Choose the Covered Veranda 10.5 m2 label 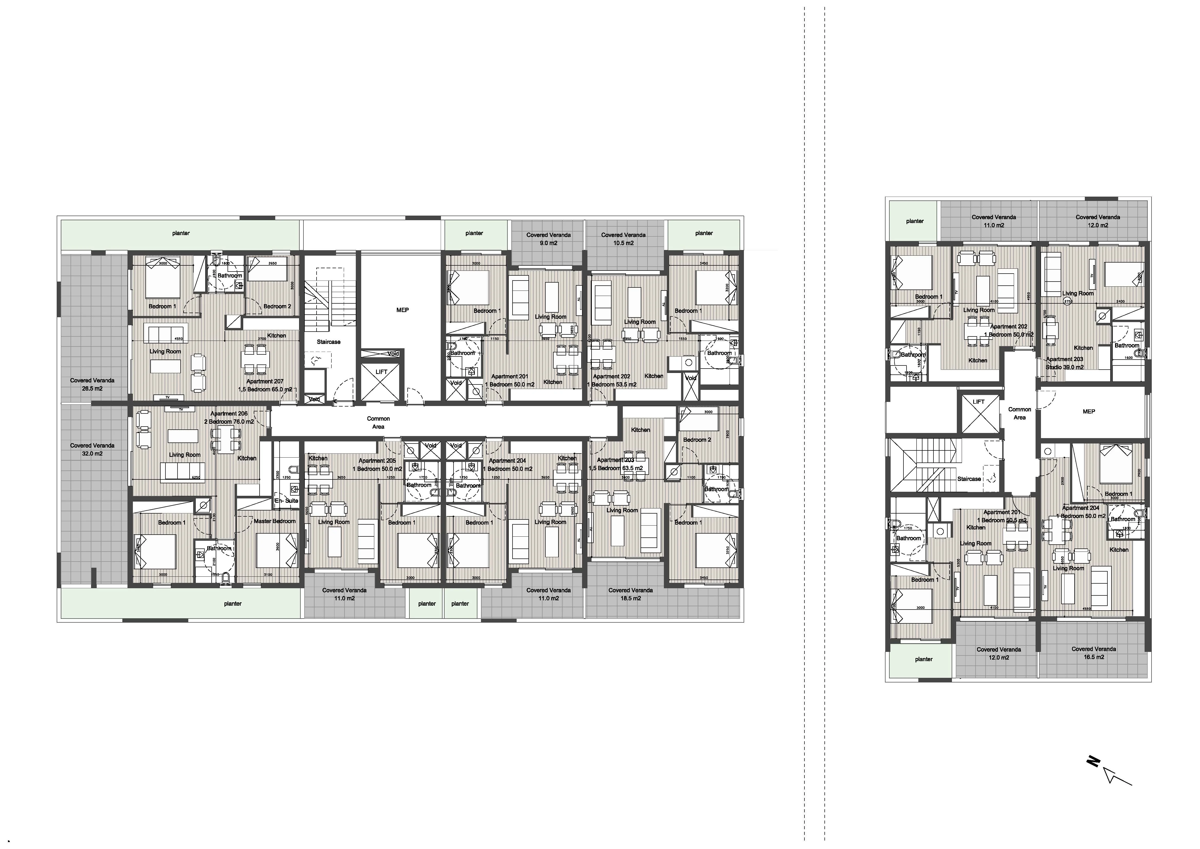pyautogui.click(x=623, y=239)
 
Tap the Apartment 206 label pyautogui.click(x=229, y=413)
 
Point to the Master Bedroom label pyautogui.click(x=274, y=521)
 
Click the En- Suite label pyautogui.click(x=287, y=501)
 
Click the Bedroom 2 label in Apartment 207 pyautogui.click(x=277, y=306)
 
